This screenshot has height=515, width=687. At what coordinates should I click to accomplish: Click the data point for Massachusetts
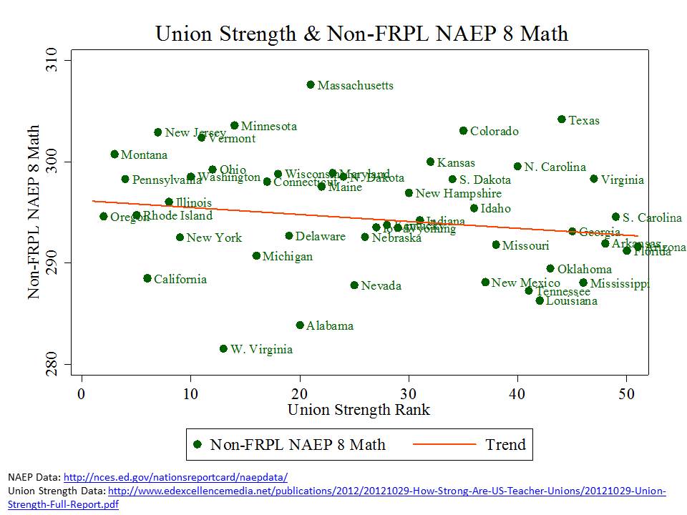coord(311,84)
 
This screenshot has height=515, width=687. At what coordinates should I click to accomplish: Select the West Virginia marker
coord(223,349)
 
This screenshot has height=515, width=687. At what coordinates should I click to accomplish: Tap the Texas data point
coord(562,119)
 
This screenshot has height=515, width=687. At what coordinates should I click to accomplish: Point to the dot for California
coord(147,278)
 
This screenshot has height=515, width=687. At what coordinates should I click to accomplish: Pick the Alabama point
coord(300,325)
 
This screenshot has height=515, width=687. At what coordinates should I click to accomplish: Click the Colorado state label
coord(494,132)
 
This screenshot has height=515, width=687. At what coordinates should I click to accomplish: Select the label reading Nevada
coord(381,286)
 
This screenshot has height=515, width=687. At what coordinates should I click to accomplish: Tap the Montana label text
coord(144,155)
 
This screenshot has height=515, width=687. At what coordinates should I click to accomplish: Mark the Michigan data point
coord(256,256)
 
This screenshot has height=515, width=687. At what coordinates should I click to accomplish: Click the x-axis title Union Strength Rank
coord(359,410)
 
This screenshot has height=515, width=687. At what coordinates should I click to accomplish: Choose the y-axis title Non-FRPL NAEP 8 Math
coord(33,212)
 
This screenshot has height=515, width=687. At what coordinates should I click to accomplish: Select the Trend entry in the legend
coord(505,445)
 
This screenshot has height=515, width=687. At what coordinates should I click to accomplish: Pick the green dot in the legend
coord(198,445)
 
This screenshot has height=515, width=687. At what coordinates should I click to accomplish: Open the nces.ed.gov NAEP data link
coord(176,477)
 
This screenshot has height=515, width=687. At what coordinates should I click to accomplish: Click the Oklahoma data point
coord(550,269)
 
